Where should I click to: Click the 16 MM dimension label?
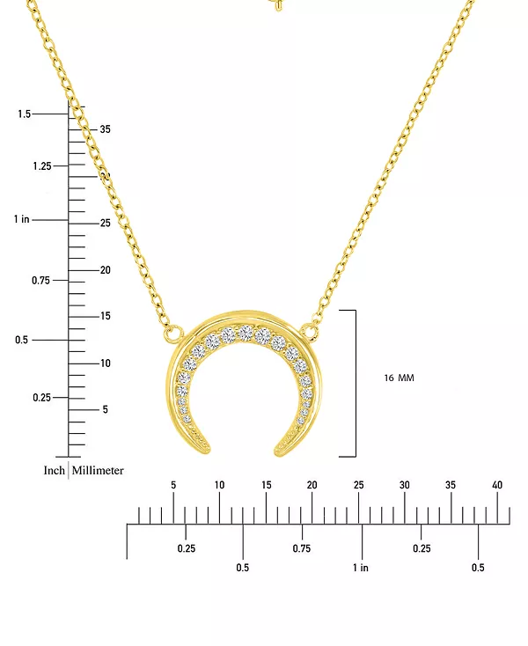click(x=399, y=378)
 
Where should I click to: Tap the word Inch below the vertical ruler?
click(x=55, y=471)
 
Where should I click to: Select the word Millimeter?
click(x=98, y=471)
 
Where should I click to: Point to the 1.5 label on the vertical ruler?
click(x=24, y=114)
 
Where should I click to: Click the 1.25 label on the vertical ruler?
click(x=42, y=166)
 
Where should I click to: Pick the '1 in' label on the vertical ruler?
click(x=21, y=219)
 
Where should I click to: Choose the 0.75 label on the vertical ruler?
click(x=40, y=281)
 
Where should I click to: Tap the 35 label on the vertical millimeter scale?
click(x=105, y=129)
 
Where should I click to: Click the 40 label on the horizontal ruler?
click(x=497, y=485)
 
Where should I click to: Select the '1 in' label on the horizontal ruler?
click(x=361, y=568)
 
